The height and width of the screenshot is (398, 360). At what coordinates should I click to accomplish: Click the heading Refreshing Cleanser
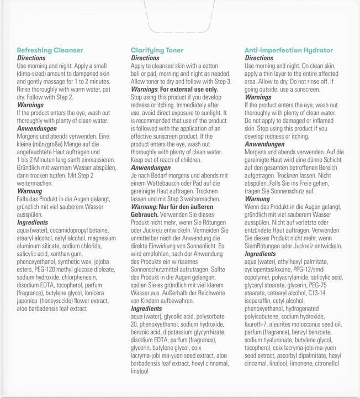(x=50, y=50)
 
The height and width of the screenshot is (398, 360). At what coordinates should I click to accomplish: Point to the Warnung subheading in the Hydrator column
(x=257, y=198)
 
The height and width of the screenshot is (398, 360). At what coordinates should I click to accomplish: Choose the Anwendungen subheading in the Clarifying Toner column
(x=150, y=167)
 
